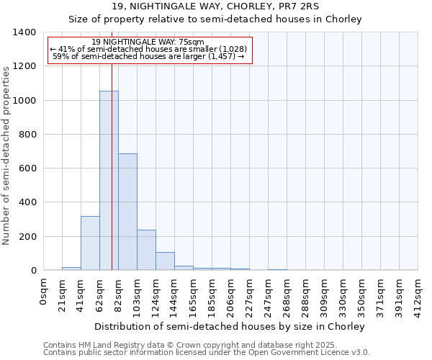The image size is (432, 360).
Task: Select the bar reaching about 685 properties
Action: [x=127, y=212]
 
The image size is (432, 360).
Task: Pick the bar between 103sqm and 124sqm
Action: [x=146, y=250]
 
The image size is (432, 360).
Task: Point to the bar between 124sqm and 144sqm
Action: [x=165, y=261]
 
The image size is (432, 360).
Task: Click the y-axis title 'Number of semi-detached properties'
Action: [x=6, y=155]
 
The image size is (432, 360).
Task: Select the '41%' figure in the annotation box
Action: [x=66, y=49]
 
